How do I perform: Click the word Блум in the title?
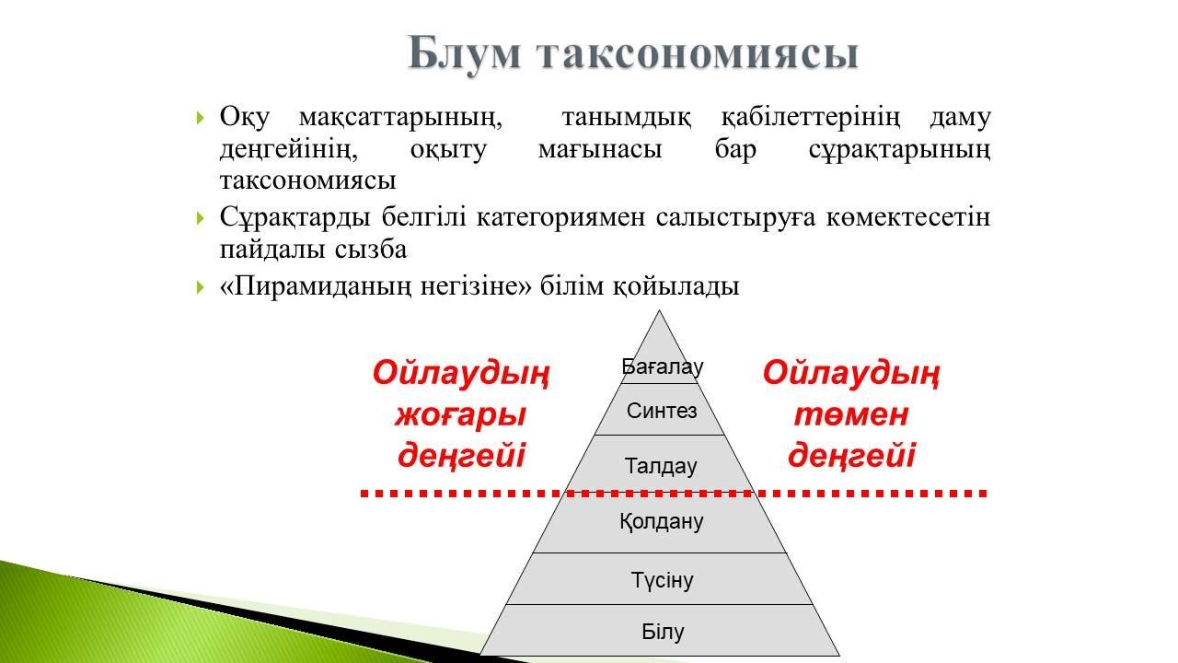point(465,54)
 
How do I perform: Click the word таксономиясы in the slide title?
point(699,54)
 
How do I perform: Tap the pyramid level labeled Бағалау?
point(662,366)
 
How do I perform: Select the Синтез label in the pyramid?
point(662,411)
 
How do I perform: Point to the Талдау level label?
point(661,466)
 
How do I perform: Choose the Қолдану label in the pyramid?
point(661,521)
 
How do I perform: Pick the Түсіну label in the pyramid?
point(662,580)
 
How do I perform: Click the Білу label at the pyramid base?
point(663,632)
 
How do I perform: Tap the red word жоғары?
point(461,415)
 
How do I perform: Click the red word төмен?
point(851,414)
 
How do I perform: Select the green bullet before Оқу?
point(200,117)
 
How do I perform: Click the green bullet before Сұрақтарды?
point(200,217)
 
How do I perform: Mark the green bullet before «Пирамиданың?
point(200,286)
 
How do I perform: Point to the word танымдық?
point(627,118)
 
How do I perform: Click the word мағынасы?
point(600,150)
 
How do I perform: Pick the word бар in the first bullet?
point(735,149)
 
